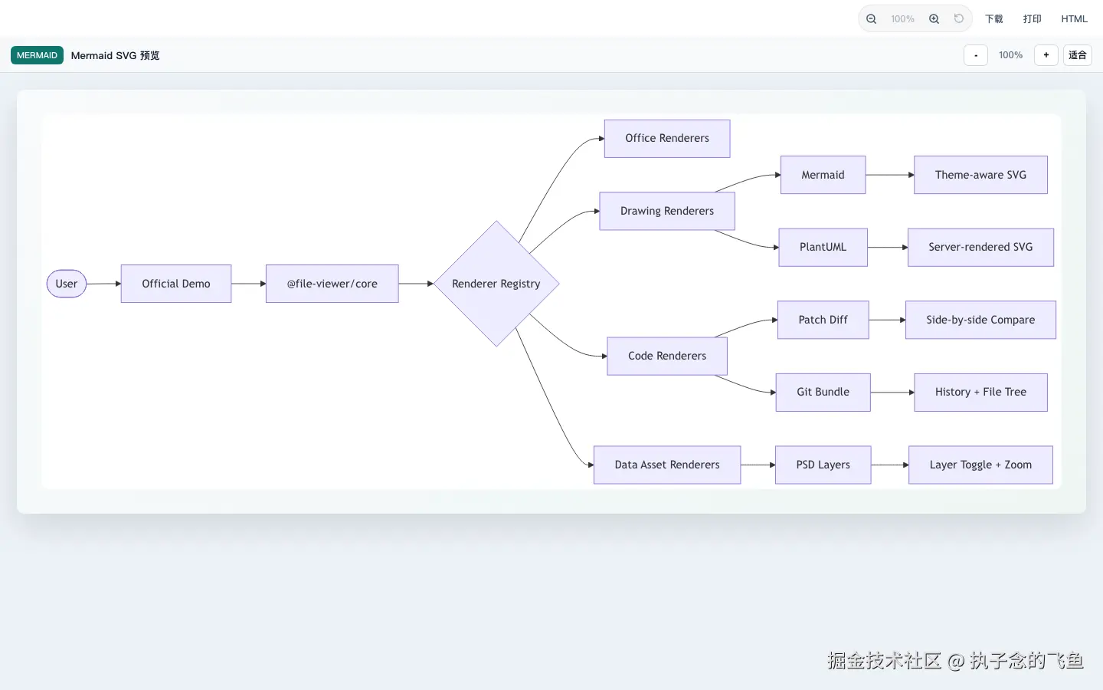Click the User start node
click(x=67, y=284)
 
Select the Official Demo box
click(x=176, y=284)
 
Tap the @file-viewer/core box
click(x=332, y=284)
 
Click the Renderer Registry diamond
click(x=496, y=284)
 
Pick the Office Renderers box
click(x=667, y=139)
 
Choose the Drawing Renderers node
click(x=667, y=211)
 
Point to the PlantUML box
click(x=823, y=247)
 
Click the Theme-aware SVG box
click(x=980, y=175)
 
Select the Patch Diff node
click(x=823, y=320)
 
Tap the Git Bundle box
click(x=823, y=393)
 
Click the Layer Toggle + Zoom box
click(x=980, y=465)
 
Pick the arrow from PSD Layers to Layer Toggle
click(x=890, y=465)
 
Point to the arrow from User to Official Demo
click(x=104, y=284)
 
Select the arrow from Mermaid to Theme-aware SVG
click(x=890, y=175)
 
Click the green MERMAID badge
click(x=37, y=55)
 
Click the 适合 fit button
click(x=1078, y=55)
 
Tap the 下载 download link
click(x=993, y=18)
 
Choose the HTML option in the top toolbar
click(x=1074, y=18)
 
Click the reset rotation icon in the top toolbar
click(x=959, y=18)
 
